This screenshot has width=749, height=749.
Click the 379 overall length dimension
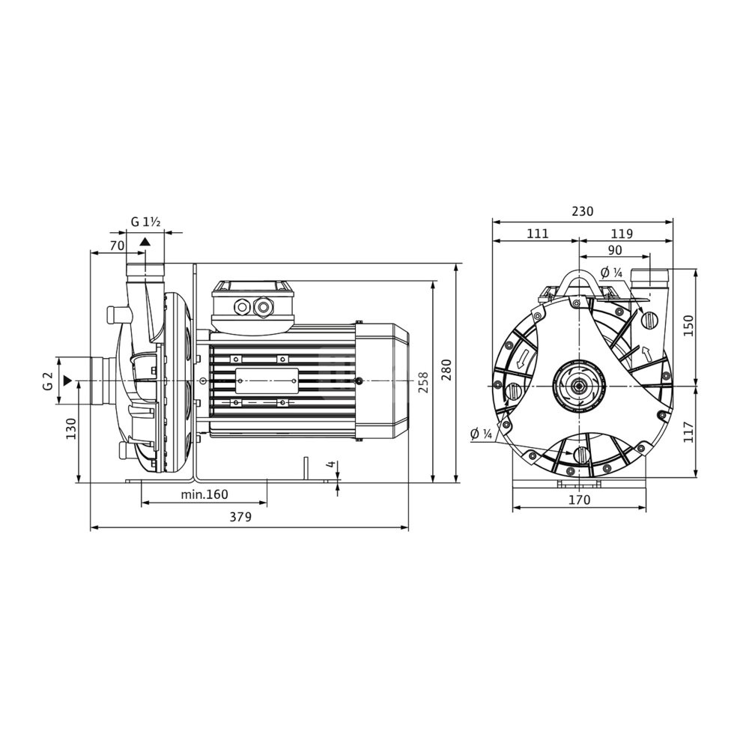tap(240, 517)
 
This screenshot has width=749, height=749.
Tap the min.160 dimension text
tap(204, 494)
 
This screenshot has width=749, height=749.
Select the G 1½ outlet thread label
tap(146, 222)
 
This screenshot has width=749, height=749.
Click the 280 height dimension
tap(446, 369)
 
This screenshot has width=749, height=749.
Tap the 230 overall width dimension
tap(582, 210)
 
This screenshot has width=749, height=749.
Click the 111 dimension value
tap(539, 234)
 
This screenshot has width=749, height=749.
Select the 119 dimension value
tap(622, 234)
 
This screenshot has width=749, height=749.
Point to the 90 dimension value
tap(615, 250)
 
